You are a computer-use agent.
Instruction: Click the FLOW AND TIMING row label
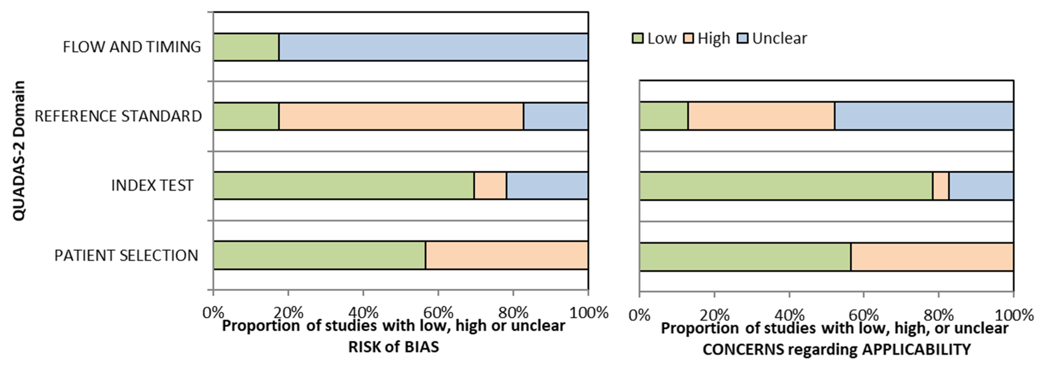[x=132, y=47]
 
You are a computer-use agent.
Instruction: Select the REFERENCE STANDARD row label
[x=118, y=116]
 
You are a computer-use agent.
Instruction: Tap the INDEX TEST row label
[x=152, y=185]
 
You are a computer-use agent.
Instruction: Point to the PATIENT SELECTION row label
[x=126, y=255]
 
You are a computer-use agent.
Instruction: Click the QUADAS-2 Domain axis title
[x=19, y=151]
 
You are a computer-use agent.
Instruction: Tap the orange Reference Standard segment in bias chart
[x=401, y=116]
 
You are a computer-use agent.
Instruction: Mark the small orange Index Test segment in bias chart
[x=490, y=185]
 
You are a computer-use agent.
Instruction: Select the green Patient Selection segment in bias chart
[x=319, y=255]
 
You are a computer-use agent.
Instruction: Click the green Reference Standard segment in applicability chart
[x=664, y=116]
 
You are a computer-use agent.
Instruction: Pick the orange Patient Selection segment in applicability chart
[x=932, y=257]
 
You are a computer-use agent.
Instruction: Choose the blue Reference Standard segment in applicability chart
[x=924, y=116]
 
